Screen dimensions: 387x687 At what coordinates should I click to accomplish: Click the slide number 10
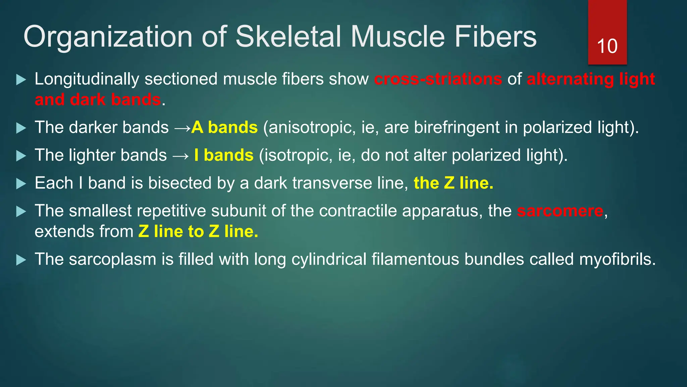point(607,46)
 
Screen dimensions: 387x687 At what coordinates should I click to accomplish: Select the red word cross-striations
point(438,79)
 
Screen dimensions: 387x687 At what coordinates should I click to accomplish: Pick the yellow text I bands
point(224,155)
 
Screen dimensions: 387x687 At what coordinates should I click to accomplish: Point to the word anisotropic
point(312,128)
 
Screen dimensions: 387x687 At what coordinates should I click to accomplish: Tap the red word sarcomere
point(560,211)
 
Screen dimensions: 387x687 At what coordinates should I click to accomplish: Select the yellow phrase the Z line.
point(453,183)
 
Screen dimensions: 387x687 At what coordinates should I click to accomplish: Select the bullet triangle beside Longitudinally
point(21,80)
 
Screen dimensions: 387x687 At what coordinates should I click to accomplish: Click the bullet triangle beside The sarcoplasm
point(21,260)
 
